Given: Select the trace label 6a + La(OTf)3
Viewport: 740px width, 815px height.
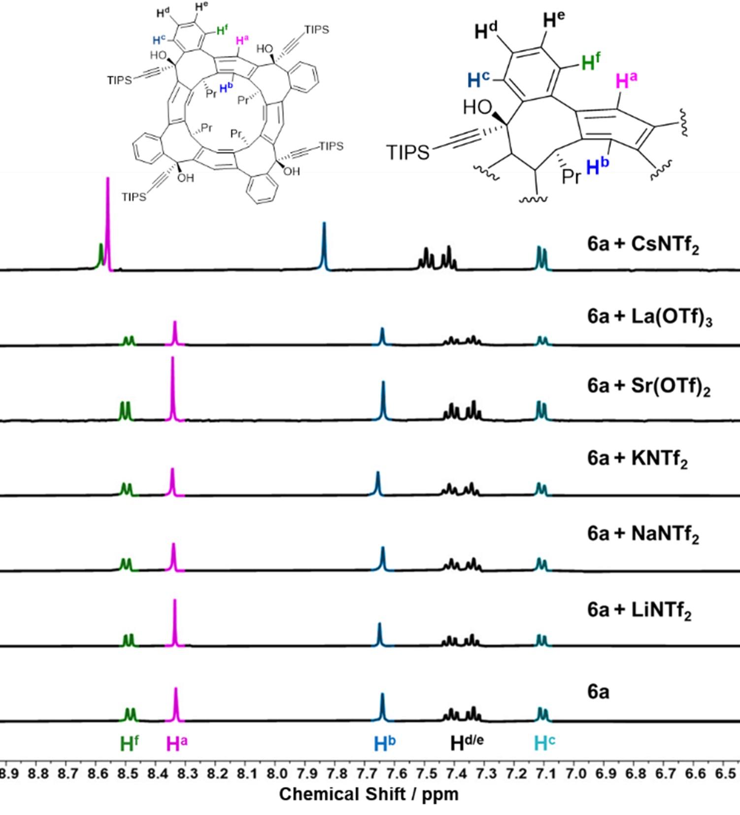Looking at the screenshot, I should coord(649,317).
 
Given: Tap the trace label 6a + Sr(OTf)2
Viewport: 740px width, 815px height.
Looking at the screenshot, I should coord(648,386).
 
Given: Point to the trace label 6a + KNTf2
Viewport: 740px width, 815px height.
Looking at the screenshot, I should coord(637,459).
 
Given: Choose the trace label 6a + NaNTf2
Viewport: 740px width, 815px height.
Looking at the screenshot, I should coord(643,534).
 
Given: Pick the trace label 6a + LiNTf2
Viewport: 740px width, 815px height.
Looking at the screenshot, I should coord(639,610).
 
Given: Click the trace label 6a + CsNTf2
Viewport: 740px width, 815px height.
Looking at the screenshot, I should coord(643,245).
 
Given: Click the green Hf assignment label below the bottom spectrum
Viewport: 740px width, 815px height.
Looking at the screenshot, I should coord(129,744).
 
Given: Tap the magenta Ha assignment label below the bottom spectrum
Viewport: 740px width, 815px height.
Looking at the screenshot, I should coord(176,744).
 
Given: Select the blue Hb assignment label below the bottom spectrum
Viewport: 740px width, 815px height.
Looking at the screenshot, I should coord(384,744).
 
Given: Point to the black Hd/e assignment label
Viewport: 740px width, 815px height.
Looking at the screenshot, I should coord(467,743).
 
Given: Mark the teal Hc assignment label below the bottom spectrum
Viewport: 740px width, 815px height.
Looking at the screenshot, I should coord(544,743).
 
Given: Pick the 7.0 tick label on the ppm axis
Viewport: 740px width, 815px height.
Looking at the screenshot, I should coord(576,773).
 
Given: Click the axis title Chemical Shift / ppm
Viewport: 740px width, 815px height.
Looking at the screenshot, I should coord(369,794).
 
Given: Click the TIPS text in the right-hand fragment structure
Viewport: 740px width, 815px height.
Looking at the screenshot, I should coord(408,152).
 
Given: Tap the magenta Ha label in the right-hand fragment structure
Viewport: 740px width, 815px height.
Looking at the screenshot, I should coord(626,80).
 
